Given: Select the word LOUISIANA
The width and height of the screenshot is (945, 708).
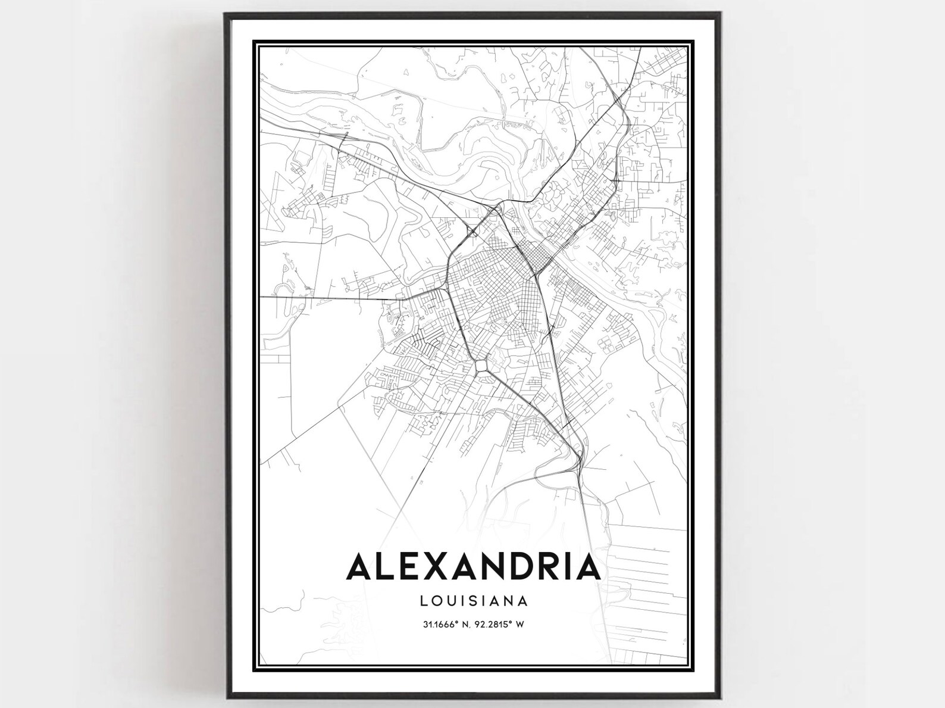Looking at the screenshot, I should point(474,600).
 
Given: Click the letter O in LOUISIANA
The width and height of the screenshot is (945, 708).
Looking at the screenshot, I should point(437,600).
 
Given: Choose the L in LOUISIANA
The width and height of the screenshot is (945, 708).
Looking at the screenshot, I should point(423,600).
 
